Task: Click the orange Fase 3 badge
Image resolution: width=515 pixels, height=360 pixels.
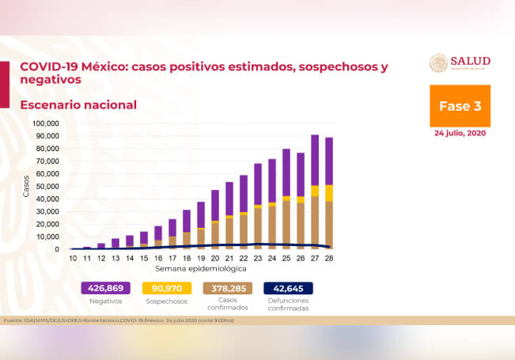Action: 460,106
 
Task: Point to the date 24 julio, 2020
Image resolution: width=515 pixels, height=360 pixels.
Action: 460,133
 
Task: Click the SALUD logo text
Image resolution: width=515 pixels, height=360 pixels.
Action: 470,61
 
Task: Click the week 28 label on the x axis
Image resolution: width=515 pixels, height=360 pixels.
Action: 328,259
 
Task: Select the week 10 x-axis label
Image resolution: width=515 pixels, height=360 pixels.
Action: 72,259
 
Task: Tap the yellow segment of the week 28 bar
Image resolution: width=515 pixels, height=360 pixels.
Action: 328,193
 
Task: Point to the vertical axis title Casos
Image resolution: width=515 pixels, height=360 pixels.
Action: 26,186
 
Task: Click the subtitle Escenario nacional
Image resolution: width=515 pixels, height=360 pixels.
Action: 78,104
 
